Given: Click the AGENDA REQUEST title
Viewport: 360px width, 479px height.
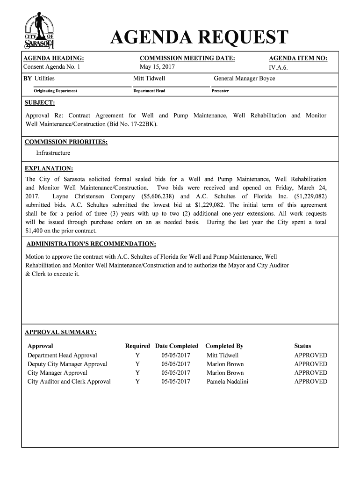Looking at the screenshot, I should coord(199,38).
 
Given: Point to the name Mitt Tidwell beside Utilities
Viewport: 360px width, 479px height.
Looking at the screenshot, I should coord(149,79).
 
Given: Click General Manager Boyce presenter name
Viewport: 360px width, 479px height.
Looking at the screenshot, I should coord(244,79).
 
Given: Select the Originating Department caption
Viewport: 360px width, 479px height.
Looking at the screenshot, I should coord(55,91).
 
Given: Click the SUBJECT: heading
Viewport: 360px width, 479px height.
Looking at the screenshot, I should coord(40,102).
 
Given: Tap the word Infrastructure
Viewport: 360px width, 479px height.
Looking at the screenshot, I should coord(53,153).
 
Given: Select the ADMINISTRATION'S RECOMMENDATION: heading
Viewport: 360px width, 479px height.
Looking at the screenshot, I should coord(91,244).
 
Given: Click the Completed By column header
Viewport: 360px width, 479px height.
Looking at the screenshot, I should coord(224,346).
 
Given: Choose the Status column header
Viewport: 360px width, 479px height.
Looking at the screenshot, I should coord(302,346).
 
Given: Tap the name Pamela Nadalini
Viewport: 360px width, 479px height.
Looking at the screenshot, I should coord(227,382).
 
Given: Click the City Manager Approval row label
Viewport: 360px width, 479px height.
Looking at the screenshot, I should coord(58,373).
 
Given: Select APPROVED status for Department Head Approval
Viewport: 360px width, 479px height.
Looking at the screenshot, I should coord(310,356).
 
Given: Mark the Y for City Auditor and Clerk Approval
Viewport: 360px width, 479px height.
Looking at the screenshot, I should coord(137,382).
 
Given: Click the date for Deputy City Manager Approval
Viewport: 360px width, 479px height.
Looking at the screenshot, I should coord(176,364).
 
